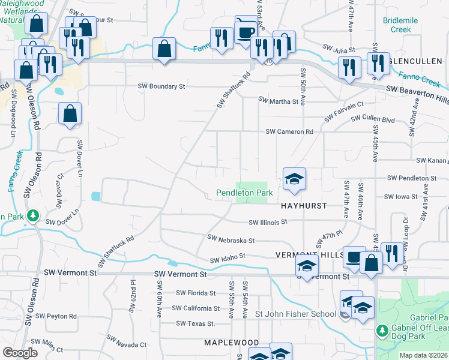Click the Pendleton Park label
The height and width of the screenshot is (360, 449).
[x=244, y=193]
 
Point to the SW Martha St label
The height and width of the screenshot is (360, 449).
[x=279, y=101]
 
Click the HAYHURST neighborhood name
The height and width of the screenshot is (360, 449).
[x=304, y=205]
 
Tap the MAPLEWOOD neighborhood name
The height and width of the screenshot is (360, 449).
[x=231, y=343]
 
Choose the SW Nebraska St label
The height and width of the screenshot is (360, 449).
[x=231, y=239]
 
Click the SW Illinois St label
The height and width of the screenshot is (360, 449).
[x=268, y=221]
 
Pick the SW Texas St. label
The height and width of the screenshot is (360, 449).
[x=196, y=323]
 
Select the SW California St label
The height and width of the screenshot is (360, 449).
[x=196, y=308]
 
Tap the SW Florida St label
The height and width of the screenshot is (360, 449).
[x=196, y=293]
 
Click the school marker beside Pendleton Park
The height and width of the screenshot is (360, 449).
[x=294, y=179]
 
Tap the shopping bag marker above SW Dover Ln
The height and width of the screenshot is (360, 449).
[x=70, y=113]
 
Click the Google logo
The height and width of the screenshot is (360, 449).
[x=20, y=353]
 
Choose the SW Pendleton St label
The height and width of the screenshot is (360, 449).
[x=412, y=178]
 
